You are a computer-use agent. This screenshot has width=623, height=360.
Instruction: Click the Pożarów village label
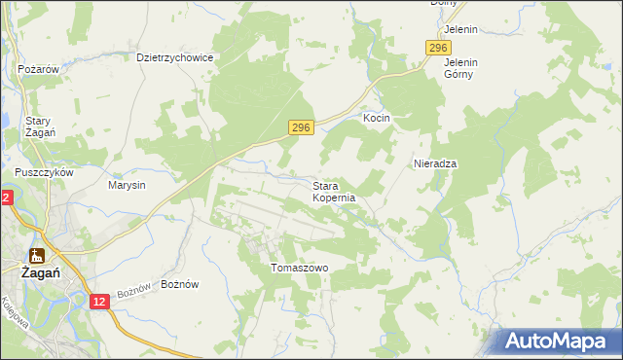[40, 70]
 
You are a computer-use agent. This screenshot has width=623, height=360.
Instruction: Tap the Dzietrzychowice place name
[174, 57]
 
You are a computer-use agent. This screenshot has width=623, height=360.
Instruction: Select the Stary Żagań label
[39, 126]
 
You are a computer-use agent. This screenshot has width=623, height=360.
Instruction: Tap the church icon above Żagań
[37, 256]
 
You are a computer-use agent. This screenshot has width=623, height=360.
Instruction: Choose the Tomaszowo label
[300, 268]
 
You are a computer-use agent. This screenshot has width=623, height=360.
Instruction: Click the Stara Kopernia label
[334, 191]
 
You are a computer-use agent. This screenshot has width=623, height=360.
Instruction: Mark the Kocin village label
[377, 118]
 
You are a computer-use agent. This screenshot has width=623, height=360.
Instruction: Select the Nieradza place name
[435, 163]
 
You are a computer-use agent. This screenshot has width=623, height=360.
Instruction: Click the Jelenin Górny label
[460, 68]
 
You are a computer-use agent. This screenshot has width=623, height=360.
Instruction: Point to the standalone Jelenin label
[460, 29]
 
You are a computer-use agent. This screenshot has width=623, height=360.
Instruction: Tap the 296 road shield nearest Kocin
[302, 127]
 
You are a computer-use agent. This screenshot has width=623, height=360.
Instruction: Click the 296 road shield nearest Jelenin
[439, 49]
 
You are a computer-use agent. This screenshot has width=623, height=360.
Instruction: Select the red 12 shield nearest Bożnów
[100, 303]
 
